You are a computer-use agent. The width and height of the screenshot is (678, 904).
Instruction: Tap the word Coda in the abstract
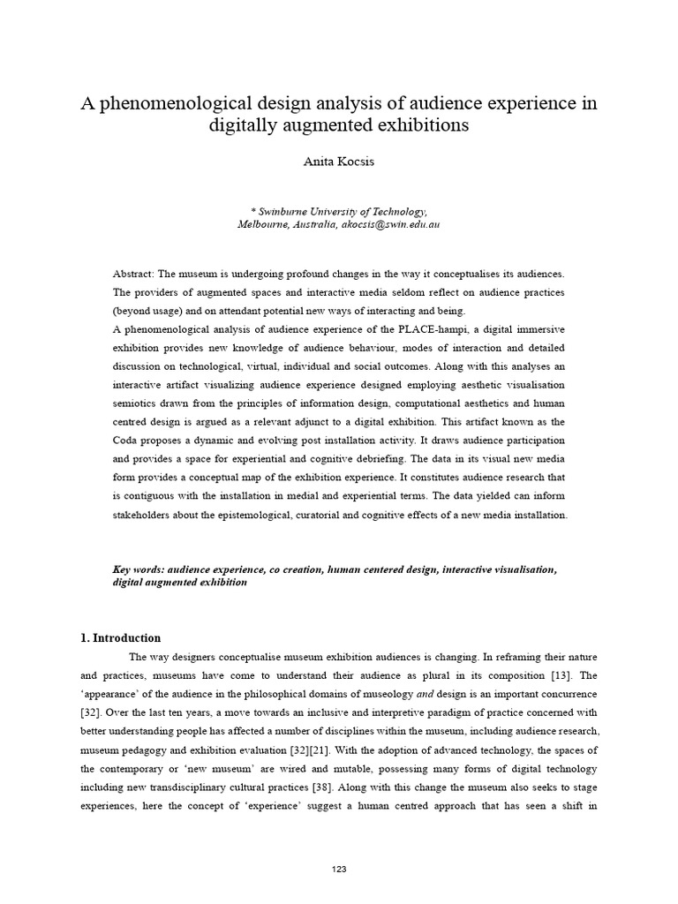coord(127,440)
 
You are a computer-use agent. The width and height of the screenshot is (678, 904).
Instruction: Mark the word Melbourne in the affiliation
coord(264,225)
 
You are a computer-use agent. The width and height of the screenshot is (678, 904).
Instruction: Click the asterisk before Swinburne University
coord(254,211)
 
